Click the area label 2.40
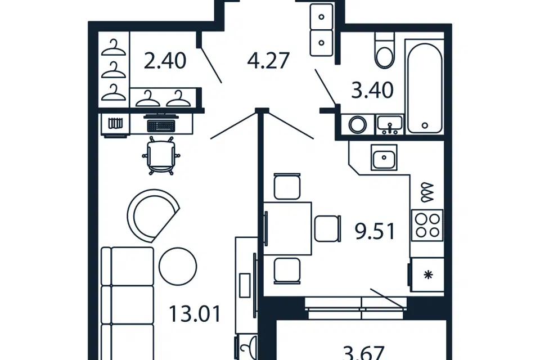point(165,61)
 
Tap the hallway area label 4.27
point(268,61)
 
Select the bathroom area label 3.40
point(372,90)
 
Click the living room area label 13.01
point(195,314)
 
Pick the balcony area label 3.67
point(364,353)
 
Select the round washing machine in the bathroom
point(358,124)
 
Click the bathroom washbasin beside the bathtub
point(389,124)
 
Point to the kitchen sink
point(384,157)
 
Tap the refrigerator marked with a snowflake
point(427,274)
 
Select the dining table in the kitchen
point(287,228)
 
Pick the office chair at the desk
point(161,155)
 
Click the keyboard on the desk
point(161,125)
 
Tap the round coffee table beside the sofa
point(178,266)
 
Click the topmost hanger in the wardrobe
point(114,48)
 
